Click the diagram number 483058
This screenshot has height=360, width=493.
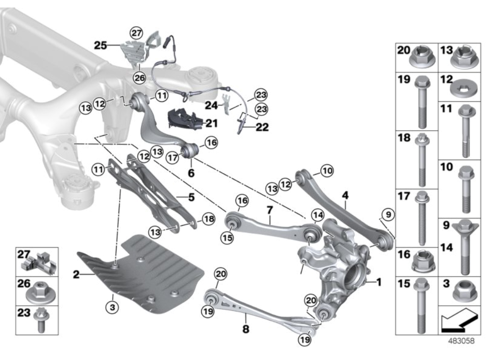[460, 342]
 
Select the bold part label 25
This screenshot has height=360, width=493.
[101, 45]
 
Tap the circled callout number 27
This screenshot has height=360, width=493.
[136, 33]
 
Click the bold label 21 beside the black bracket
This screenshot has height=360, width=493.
[211, 124]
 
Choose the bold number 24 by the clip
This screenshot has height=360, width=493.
[211, 104]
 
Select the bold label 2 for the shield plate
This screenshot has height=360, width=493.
[76, 275]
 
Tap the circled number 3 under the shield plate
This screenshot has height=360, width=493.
[113, 306]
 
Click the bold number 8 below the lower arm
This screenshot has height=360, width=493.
[246, 329]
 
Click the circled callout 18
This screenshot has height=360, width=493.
[208, 220]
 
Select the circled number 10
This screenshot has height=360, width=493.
[327, 171]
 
